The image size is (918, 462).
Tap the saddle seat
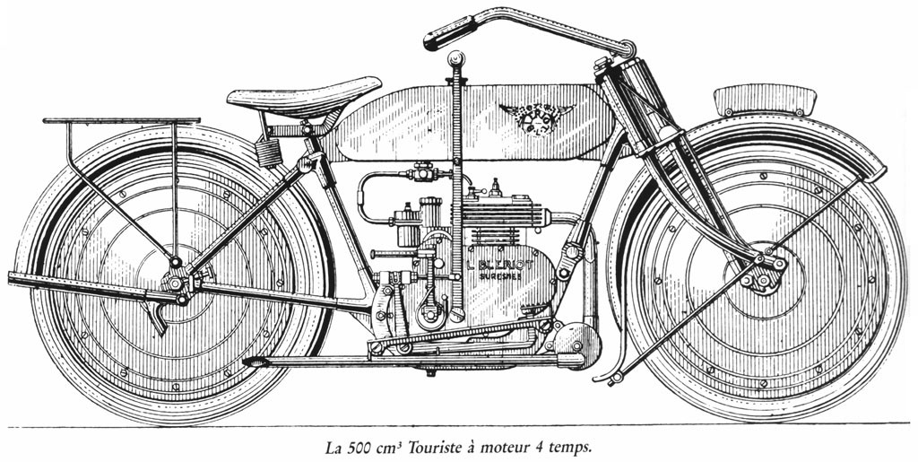point(305,93)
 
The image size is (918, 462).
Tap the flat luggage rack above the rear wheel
point(121,120)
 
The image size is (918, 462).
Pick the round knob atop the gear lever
point(456,58)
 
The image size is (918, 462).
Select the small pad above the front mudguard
point(765,99)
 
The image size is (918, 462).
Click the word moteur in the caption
point(513,444)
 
